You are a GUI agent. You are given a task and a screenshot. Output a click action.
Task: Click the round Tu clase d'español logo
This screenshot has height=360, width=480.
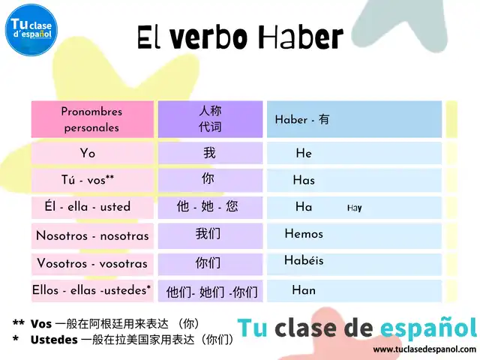tap(31, 30)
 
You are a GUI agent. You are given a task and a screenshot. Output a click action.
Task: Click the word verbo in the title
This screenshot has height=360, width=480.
tap(208, 37)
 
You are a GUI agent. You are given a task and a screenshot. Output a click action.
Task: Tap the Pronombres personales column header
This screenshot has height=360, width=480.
tap(92, 119)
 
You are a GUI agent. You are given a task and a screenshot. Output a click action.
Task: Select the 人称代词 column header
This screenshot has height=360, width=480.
tap(210, 119)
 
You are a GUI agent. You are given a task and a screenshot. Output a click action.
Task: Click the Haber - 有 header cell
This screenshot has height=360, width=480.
tap(354, 119)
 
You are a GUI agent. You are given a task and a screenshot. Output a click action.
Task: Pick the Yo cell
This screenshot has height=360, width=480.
tap(92, 153)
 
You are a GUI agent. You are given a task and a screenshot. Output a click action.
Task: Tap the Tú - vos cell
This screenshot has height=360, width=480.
tap(92, 180)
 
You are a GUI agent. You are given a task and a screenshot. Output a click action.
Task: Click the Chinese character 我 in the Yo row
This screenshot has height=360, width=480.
tap(210, 152)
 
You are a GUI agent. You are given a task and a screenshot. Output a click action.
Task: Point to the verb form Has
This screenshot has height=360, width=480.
tap(304, 180)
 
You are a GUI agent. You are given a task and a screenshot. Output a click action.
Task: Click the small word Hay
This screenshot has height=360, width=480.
tap(355, 208)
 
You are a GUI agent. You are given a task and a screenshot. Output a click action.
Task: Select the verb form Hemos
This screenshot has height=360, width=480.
tap(304, 234)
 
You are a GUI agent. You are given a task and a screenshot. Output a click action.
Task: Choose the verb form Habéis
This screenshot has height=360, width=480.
tap(304, 260)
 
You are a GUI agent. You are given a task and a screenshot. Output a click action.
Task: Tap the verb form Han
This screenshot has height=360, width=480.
tap(304, 290)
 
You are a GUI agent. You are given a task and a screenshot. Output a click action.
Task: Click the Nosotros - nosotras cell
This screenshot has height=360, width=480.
tap(92, 235)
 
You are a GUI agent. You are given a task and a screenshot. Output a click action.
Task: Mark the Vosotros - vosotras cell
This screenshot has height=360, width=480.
tap(92, 263)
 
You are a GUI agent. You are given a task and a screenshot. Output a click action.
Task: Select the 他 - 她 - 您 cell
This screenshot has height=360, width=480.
tap(210, 207)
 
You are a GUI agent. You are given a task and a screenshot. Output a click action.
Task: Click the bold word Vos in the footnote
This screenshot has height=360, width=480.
tap(41, 324)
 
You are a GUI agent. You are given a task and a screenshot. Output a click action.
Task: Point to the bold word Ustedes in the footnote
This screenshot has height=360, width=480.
tap(54, 340)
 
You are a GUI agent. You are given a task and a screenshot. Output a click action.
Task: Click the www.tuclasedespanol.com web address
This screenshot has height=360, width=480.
tap(424, 349)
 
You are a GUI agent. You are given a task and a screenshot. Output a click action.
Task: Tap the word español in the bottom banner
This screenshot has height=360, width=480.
tap(428, 328)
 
